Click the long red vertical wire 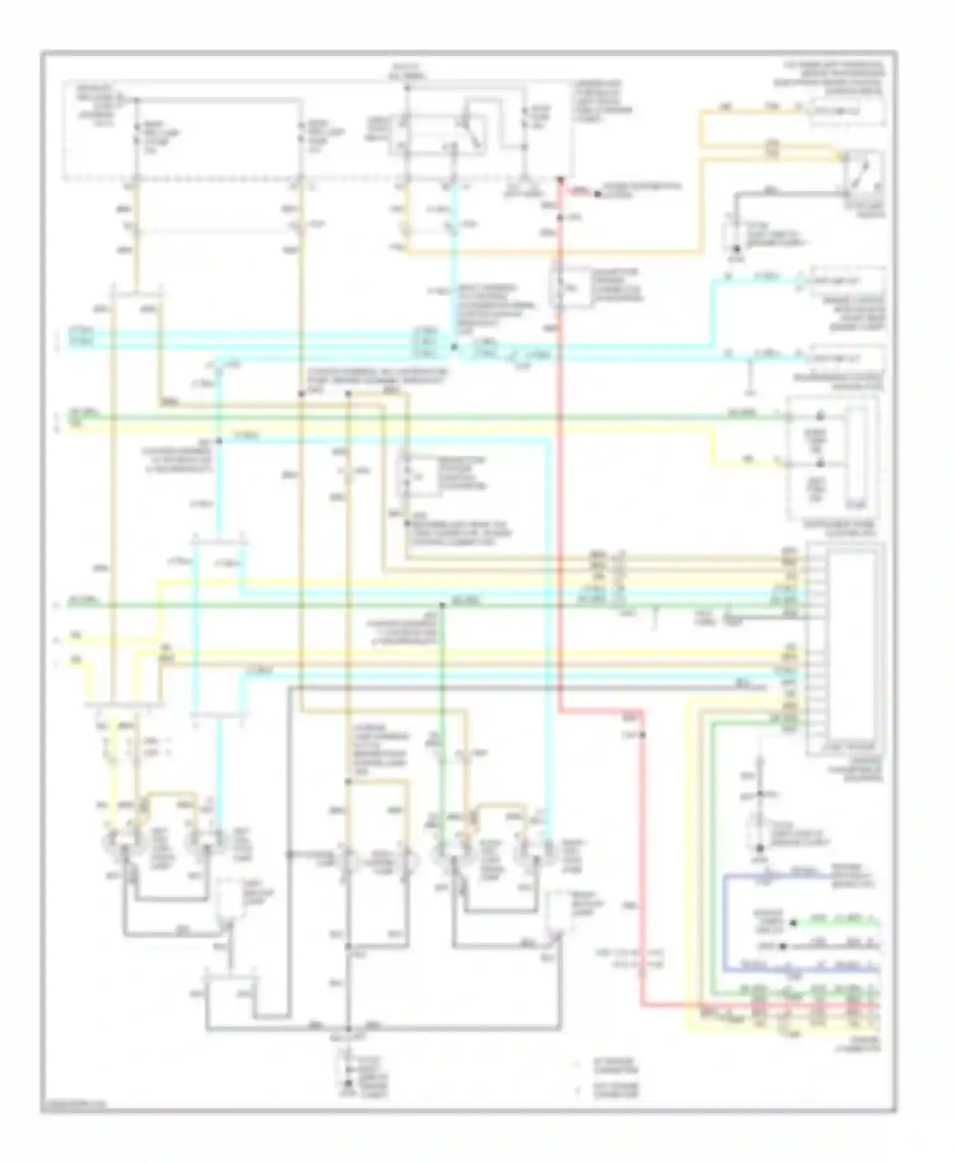point(560,446)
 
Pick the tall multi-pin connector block point(844,646)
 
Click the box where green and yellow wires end point(831,455)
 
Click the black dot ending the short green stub point(793,922)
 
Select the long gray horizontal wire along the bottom point(382,1027)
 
